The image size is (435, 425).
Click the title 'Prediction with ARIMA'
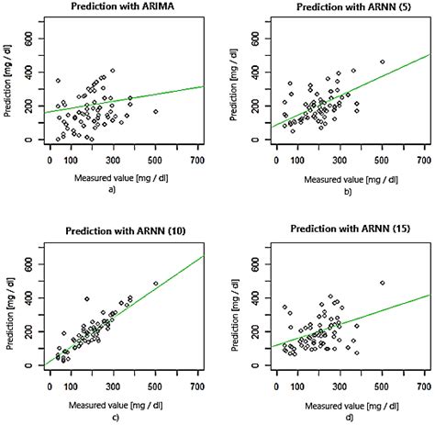(x=124, y=6)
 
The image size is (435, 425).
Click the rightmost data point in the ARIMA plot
(x=156, y=111)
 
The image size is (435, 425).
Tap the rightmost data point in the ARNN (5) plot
(x=382, y=62)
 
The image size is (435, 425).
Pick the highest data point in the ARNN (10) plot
(x=155, y=284)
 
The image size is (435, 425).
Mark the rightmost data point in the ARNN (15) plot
(x=382, y=283)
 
